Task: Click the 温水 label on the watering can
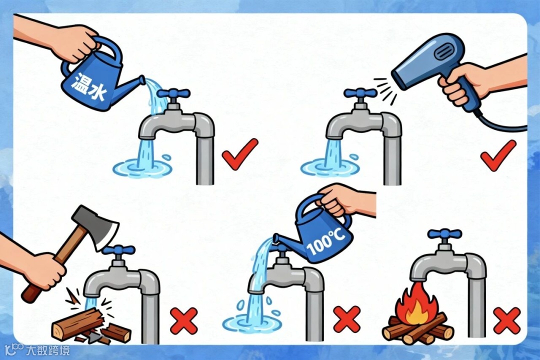click(x=89, y=88)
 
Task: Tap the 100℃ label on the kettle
click(x=325, y=242)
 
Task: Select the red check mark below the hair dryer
click(x=498, y=154)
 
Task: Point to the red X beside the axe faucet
click(x=184, y=321)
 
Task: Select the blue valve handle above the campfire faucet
click(x=444, y=234)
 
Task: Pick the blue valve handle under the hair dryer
click(x=360, y=93)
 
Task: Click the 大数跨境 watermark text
click(x=48, y=350)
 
